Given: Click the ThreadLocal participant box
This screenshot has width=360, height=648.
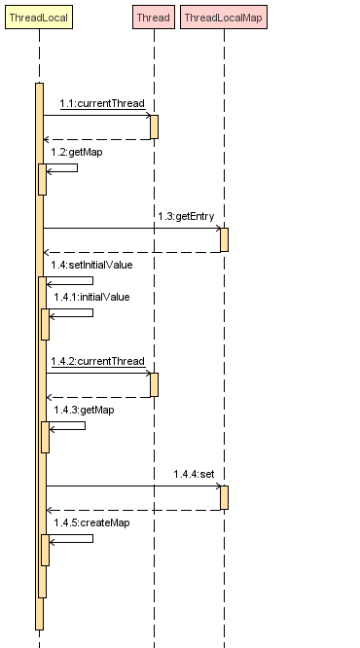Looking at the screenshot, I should (39, 18).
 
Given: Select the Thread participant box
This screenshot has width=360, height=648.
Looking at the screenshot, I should (153, 18).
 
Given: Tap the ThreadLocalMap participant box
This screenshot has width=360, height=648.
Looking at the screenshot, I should (223, 18).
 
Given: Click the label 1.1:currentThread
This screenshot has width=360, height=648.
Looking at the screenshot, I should (102, 103).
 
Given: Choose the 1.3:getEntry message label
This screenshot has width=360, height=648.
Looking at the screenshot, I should (186, 216).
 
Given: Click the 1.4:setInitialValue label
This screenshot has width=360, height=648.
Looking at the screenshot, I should (91, 265).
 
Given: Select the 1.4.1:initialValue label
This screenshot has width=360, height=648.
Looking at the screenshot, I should (91, 297).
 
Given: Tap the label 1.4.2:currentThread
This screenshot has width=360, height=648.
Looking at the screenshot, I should (98, 361).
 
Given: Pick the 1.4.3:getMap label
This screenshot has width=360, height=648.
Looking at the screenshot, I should (84, 410).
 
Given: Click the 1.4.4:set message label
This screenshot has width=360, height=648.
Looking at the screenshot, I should (194, 474).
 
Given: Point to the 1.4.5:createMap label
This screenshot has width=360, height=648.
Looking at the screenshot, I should (91, 522).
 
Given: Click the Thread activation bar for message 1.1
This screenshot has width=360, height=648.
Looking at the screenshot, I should (154, 126).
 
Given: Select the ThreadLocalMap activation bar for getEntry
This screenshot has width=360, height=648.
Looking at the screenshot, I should (224, 239).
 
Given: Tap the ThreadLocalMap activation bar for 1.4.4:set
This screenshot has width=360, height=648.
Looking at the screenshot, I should (224, 497).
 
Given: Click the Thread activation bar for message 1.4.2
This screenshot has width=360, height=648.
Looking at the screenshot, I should (154, 384).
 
